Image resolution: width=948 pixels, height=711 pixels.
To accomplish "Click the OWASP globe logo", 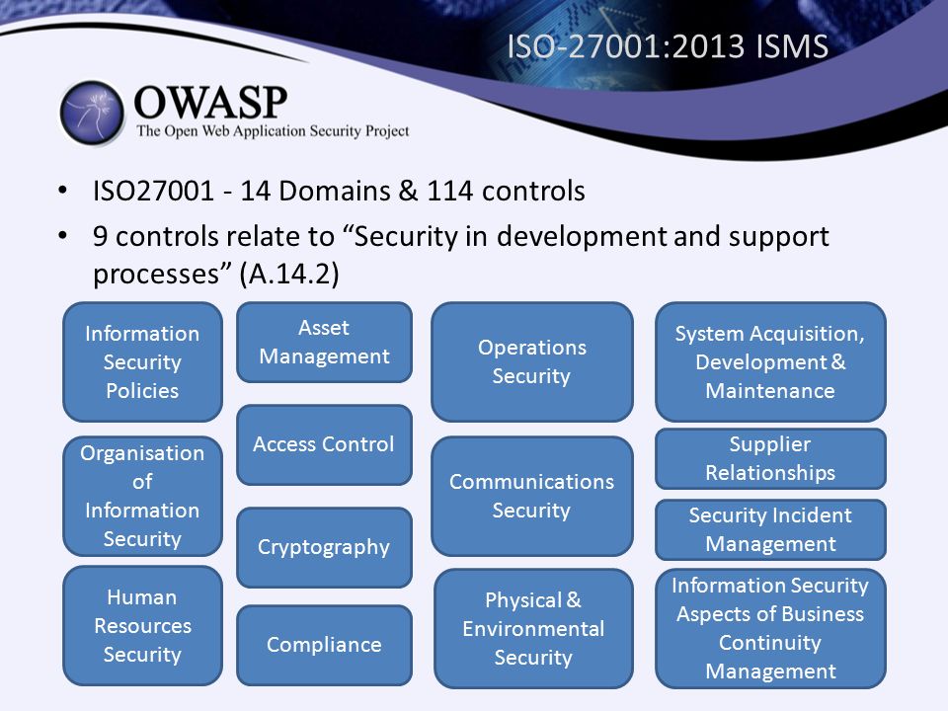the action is [92, 113].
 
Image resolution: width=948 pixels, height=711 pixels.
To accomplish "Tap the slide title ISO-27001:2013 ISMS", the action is [668, 46].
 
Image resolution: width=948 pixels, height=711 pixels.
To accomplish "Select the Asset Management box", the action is [324, 343].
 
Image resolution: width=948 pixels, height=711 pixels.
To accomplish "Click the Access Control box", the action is [324, 445].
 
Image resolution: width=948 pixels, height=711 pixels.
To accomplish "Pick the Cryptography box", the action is [324, 547].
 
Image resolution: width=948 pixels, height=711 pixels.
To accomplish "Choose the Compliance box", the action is [324, 645].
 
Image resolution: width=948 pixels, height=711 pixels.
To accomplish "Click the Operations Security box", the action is [532, 361].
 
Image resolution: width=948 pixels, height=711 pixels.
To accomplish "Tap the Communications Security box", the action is [532, 496].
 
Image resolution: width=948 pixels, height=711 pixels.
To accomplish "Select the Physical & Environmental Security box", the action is [533, 628].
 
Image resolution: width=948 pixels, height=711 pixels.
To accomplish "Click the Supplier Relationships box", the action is [770, 458].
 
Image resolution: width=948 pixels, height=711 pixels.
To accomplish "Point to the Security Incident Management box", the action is [770, 529].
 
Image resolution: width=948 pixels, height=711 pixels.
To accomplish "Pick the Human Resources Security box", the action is [142, 626].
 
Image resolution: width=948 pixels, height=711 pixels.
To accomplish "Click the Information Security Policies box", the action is [142, 361].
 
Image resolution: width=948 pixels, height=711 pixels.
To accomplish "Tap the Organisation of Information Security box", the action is [142, 496].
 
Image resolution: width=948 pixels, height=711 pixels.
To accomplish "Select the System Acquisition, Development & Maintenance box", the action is [770, 361].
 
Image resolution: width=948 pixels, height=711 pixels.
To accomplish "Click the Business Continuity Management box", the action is [770, 628].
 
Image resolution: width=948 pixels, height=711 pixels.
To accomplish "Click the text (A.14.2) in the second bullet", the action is [289, 274].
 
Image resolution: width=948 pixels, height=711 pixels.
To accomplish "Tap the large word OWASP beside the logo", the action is [210, 102].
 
